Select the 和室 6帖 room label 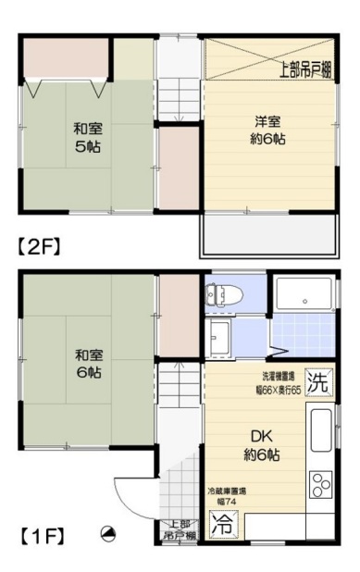(x=87, y=363)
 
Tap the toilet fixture (x=224, y=295)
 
